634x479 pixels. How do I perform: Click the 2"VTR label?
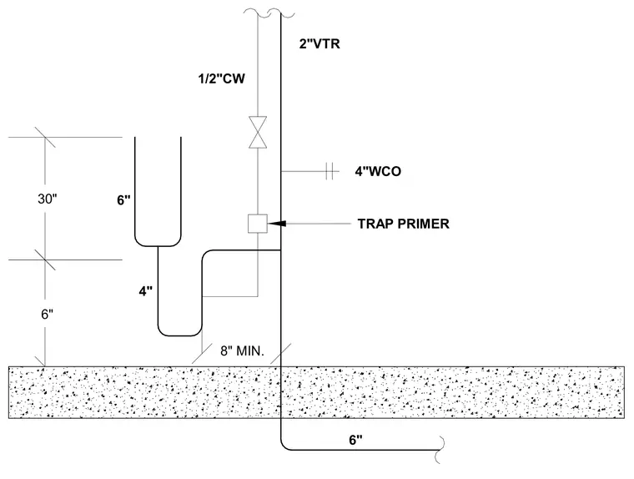pos(320,43)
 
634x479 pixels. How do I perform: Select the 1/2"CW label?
pos(221,78)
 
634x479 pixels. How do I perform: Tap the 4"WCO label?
pos(378,171)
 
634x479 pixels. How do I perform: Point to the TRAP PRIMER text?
pos(404,224)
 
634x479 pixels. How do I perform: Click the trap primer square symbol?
pos(258,224)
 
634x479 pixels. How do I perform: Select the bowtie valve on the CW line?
pos(258,133)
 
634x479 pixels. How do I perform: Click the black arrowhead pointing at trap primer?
pos(277,224)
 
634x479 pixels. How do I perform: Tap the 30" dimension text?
pos(48,199)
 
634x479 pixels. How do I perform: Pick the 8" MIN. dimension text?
pos(242,350)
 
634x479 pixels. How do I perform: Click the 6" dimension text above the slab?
pos(48,314)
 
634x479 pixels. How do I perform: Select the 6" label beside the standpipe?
pos(123,199)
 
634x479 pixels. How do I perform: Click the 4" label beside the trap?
pos(145,291)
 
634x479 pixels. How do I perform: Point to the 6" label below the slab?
pos(356,440)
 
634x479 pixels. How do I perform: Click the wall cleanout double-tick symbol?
pos(330,171)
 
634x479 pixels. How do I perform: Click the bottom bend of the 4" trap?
pos(179,335)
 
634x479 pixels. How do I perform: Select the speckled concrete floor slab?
pos(317,392)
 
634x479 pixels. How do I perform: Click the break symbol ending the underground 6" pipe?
pos(440,450)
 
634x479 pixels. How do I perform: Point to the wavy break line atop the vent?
pos(269,13)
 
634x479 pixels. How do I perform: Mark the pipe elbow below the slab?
pos(284,446)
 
